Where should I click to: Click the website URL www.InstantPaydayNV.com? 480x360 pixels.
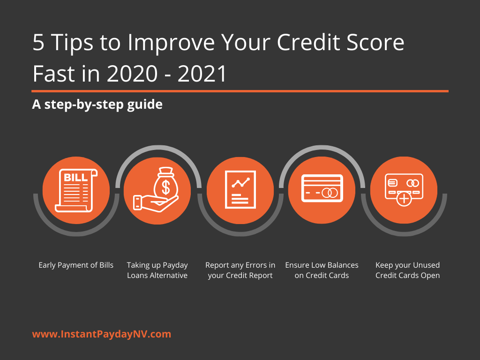coord(102,334)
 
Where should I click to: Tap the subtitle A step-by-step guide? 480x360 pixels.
coord(97,105)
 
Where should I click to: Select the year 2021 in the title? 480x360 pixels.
coord(202,74)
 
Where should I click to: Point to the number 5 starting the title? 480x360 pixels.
coord(38,42)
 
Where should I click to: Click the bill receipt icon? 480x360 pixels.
coord(76,190)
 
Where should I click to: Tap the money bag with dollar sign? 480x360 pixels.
coord(165,184)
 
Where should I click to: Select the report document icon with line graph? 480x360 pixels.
coord(240,189)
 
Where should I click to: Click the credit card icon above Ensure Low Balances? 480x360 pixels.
coord(322,188)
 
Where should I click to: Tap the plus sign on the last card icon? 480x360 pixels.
coord(404,199)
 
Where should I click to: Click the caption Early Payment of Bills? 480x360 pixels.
coord(76,265)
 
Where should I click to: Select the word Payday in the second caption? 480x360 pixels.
coord(175,265)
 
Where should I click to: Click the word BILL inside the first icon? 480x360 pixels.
coord(75,178)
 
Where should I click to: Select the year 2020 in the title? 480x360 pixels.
coord(132,74)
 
